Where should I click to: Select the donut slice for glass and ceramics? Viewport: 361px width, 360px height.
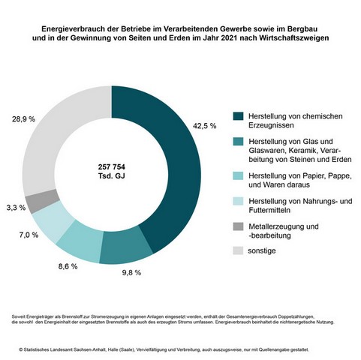[x=125, y=246]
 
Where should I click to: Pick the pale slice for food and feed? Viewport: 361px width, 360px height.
[x=51, y=220]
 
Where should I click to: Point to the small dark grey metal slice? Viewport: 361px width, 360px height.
[x=41, y=201]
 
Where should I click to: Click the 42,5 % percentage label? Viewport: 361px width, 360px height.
[x=204, y=126]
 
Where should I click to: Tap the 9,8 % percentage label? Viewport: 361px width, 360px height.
[x=131, y=272]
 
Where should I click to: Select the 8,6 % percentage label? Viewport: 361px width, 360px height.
[x=68, y=266]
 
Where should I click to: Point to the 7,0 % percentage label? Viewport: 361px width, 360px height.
[x=29, y=235]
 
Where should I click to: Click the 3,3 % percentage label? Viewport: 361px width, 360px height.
[x=16, y=208]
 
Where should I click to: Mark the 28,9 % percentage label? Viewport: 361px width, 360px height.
[x=23, y=119]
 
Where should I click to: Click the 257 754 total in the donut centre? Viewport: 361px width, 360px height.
[x=112, y=166]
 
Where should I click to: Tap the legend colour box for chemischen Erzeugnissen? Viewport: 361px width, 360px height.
[x=238, y=116]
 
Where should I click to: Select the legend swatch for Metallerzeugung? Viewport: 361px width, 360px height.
[x=238, y=226]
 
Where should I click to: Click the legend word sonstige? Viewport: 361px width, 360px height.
[x=262, y=250]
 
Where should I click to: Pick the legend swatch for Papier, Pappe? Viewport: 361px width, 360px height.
[x=238, y=175]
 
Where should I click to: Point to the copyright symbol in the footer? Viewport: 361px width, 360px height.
[x=21, y=349]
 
